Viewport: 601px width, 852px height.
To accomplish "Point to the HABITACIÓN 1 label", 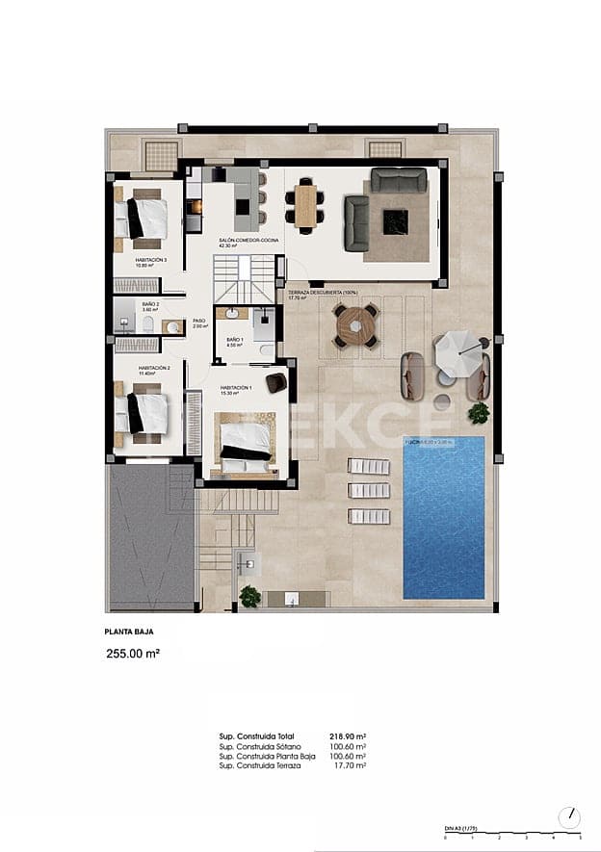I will coord(236,388).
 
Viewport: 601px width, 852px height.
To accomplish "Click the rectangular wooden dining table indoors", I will coord(306,204).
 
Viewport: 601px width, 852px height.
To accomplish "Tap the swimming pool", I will coord(443,518).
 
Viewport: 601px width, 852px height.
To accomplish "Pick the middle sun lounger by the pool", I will coord(369,491).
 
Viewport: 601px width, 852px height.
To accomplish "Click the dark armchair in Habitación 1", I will coord(276,382).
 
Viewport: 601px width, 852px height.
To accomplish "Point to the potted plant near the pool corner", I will coord(479,414).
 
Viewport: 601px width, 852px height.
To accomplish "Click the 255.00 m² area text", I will coord(132,653).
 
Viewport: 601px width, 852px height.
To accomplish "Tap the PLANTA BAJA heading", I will coord(128,633).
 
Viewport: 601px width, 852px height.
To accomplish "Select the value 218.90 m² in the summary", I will coord(349,736).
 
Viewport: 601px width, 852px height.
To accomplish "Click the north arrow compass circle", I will coord(569,817).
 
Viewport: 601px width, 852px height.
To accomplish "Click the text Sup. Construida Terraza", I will coord(260,765).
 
